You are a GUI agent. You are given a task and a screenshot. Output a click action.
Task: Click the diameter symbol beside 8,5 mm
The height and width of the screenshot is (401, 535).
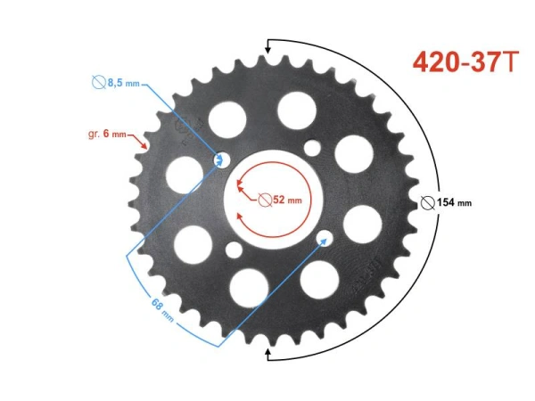pos(98,83)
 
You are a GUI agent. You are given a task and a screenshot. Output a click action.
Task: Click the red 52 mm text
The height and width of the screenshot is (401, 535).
pos(288,200)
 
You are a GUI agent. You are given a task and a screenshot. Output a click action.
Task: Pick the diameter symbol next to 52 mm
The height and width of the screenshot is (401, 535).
pos(266,200)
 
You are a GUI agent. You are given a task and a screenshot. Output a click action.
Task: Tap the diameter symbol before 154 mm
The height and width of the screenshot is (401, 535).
pos(428,202)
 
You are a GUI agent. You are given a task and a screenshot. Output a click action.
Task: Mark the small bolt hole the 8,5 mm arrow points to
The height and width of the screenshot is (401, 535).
pos(220,160)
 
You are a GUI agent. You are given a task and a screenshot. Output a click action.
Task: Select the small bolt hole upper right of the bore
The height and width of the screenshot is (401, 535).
pos(311,147)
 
